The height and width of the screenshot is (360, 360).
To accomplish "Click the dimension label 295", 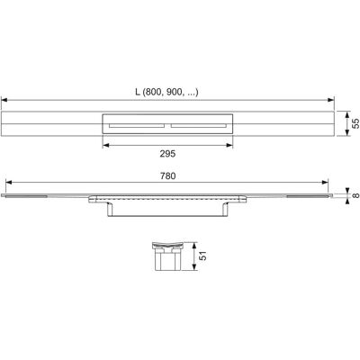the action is (167, 154).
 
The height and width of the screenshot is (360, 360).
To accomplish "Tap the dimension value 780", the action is (167, 175).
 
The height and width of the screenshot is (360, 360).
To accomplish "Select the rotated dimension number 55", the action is (355, 123).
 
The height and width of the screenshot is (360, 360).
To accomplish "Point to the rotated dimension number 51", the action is (203, 256).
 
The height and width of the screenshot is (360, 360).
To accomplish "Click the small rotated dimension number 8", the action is (355, 195).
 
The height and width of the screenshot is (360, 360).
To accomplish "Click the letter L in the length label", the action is (138, 92).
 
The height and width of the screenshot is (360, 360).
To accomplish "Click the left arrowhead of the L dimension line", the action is (4, 100).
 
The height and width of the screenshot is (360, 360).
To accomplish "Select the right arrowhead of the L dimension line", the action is (331, 100).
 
